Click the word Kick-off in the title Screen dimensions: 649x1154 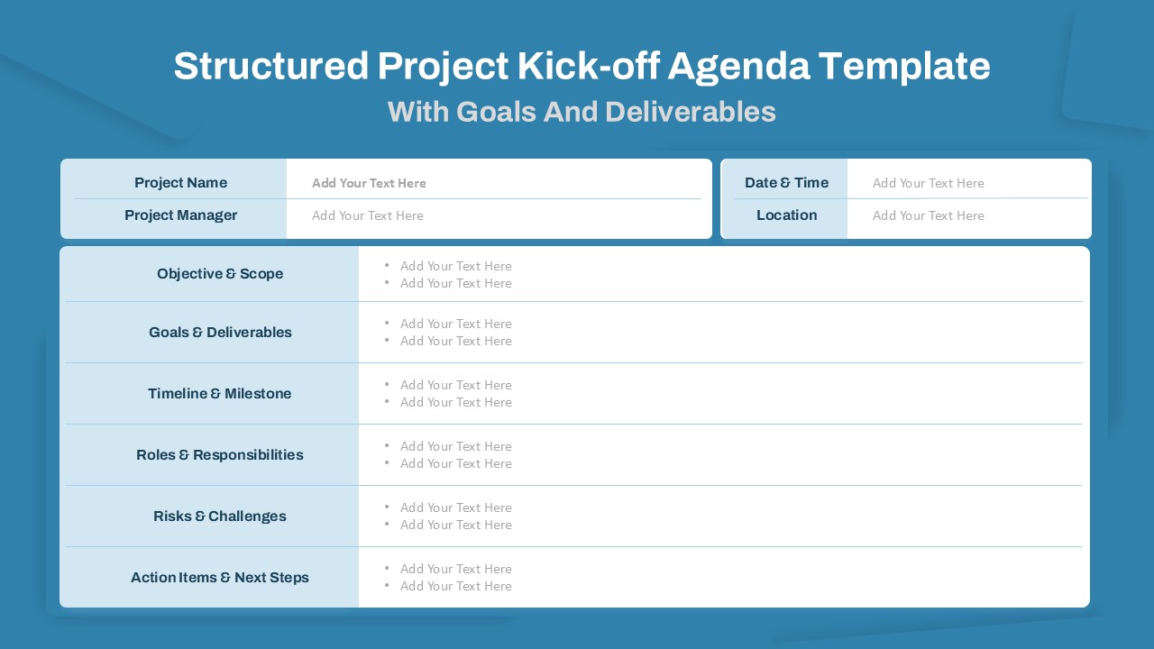(589, 67)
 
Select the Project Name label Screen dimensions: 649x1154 (180, 183)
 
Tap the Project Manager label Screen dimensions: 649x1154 (180, 215)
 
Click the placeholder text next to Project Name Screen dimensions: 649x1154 (369, 183)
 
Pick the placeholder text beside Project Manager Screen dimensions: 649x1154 (367, 215)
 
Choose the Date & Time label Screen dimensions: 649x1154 (786, 183)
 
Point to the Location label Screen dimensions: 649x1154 (786, 215)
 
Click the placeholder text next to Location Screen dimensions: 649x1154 (928, 215)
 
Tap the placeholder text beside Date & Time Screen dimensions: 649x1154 (928, 183)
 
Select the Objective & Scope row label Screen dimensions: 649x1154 (220, 274)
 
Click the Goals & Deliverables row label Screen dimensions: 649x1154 (220, 333)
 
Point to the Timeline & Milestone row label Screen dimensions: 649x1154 (220, 394)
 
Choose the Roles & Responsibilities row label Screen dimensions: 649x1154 (220, 455)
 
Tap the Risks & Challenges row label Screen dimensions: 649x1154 (220, 516)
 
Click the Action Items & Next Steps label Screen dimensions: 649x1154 (220, 578)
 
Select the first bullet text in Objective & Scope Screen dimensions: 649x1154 (455, 266)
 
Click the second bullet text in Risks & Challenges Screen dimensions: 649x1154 (455, 525)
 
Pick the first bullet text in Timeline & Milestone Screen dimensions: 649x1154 (455, 385)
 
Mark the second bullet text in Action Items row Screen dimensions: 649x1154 (455, 586)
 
